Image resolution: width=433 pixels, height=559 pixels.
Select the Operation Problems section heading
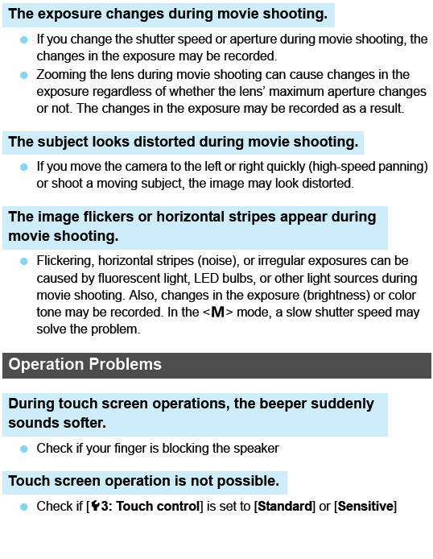tap(85, 364)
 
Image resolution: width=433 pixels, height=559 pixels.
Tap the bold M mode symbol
tap(217, 313)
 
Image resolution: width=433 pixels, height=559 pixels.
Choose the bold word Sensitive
tap(365, 507)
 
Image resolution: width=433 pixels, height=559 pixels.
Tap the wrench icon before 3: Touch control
tap(94, 507)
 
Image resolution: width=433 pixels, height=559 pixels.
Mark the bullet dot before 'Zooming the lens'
tap(23, 74)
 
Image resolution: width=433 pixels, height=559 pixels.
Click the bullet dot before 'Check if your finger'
tap(23, 449)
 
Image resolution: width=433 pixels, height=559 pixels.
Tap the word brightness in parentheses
tap(319, 296)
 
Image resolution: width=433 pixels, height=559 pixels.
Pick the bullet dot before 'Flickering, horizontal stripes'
tap(23, 261)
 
